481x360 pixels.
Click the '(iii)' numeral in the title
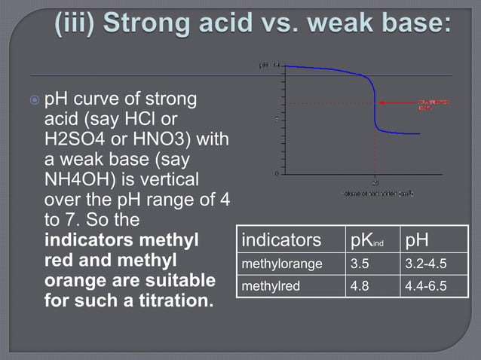click(x=78, y=22)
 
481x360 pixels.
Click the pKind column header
click(x=370, y=241)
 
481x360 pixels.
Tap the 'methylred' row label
click(x=265, y=286)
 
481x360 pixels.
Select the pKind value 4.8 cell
click(x=360, y=286)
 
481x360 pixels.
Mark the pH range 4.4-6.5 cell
click(x=426, y=286)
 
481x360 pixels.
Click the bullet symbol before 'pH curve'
click(x=35, y=99)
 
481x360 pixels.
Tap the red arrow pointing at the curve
click(x=396, y=102)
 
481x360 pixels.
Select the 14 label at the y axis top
click(x=276, y=66)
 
